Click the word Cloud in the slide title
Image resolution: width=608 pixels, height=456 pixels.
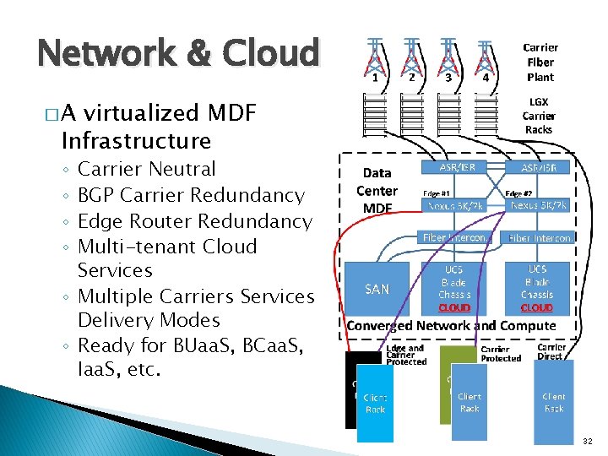(x=271, y=53)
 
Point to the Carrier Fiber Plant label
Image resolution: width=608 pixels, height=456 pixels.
(x=540, y=62)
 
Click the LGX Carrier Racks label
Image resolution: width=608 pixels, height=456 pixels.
(x=539, y=116)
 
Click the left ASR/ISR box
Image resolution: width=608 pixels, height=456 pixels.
(x=457, y=167)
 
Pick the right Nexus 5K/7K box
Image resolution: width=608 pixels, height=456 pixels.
(x=538, y=204)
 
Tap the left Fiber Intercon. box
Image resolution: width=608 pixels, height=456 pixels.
(x=457, y=238)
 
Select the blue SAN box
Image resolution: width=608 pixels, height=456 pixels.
(x=377, y=289)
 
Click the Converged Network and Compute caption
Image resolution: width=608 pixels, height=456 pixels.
(x=452, y=325)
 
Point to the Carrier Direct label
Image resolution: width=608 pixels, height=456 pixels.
(x=551, y=352)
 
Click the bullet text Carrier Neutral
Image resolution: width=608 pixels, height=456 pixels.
(x=146, y=169)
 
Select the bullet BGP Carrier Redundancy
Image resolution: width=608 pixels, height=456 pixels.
(x=190, y=195)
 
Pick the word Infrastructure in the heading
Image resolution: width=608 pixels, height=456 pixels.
(x=136, y=139)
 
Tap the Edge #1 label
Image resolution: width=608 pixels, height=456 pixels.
(x=435, y=192)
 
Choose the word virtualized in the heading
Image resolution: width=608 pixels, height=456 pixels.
(x=141, y=113)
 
